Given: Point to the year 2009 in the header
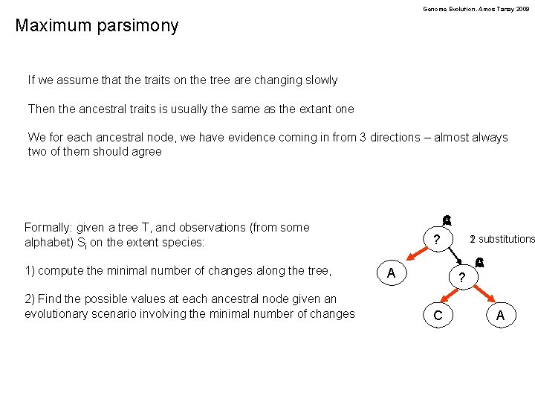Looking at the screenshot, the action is click(524, 9).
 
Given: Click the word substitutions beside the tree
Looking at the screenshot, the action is click(506, 239).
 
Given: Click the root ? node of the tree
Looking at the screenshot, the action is click(438, 240).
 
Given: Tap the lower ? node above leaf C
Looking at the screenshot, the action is click(462, 278).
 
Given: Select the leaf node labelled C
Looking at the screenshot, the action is click(438, 316).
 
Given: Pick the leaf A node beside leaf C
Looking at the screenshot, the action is click(500, 316).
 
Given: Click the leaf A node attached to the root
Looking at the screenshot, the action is click(392, 273).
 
